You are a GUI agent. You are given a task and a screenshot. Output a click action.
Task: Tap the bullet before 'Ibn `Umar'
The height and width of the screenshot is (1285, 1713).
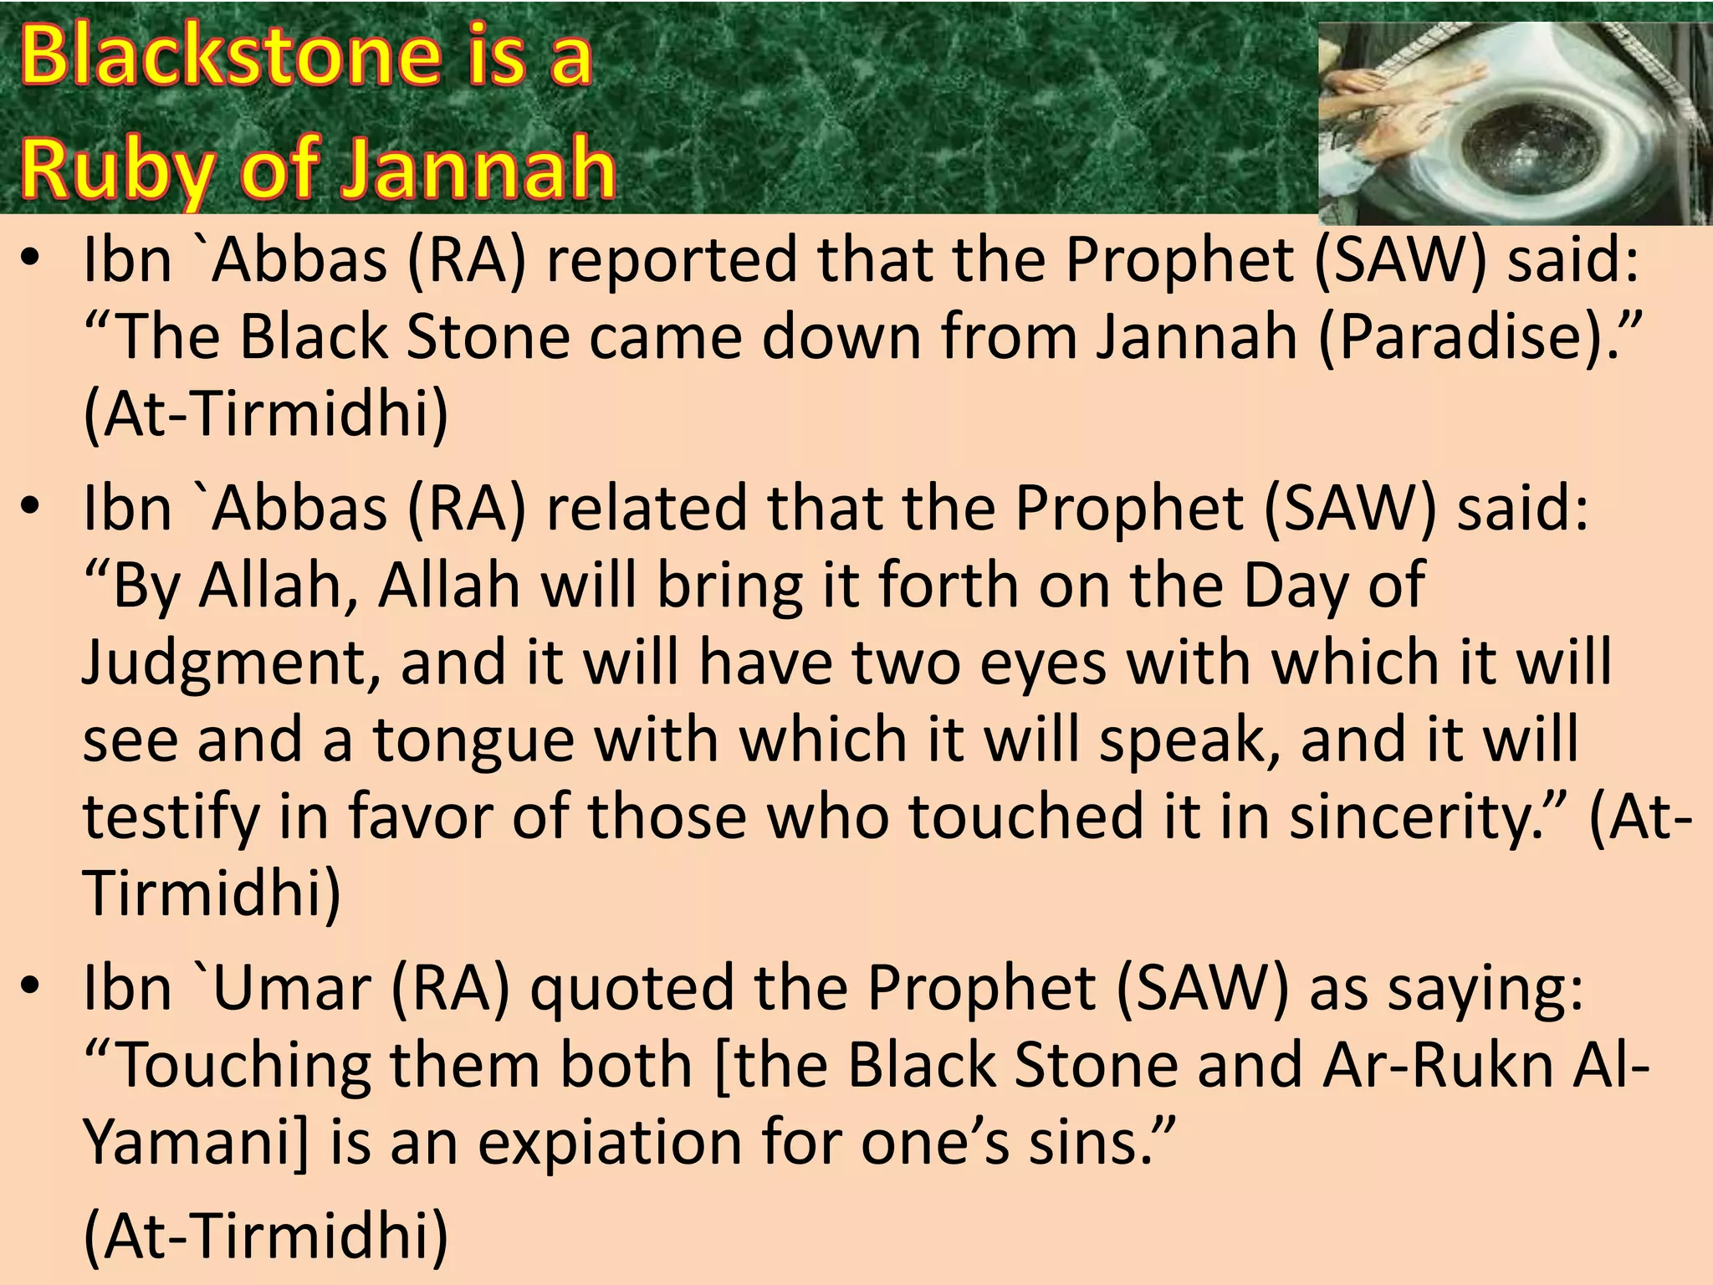coord(31,987)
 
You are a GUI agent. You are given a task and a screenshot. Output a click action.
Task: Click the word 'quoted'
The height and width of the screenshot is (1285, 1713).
coord(632,988)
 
